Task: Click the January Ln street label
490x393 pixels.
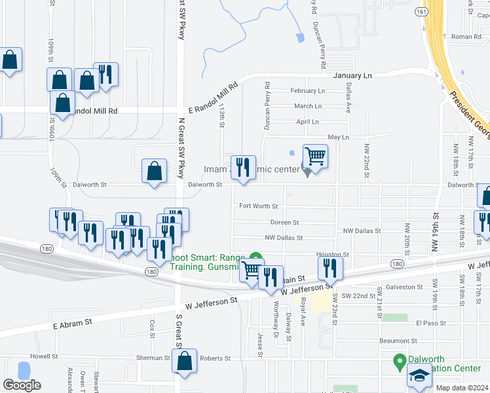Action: coord(352,76)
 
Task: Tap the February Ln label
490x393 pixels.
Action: coord(307,91)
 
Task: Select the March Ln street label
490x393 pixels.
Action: coord(308,106)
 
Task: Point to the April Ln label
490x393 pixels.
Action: coord(307,122)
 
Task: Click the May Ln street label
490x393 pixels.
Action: coord(338,137)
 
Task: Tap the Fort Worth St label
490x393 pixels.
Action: coord(258,206)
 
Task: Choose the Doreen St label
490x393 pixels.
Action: coord(285,223)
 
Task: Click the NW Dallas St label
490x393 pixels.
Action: coord(284,238)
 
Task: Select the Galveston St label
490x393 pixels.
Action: coord(404,287)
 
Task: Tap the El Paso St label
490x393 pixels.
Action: coord(430,323)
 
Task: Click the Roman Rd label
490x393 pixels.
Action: coord(466,37)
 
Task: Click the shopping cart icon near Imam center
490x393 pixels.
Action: coord(315,157)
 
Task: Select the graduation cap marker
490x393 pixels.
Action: coord(419,375)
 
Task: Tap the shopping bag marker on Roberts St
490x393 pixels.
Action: coord(185,360)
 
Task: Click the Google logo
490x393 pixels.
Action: coord(22,385)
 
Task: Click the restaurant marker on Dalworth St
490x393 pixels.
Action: coord(243,168)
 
